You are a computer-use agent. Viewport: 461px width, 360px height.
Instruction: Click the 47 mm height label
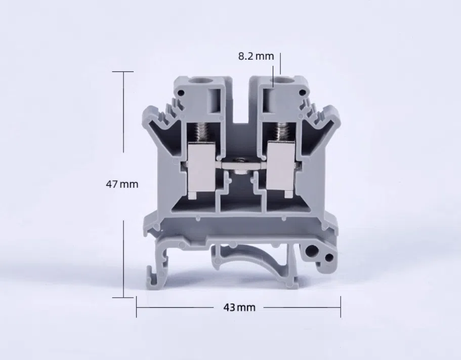[x=122, y=184]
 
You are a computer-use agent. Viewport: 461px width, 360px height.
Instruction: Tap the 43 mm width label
[x=239, y=308]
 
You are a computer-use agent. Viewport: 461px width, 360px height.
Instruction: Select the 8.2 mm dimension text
[x=256, y=56]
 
